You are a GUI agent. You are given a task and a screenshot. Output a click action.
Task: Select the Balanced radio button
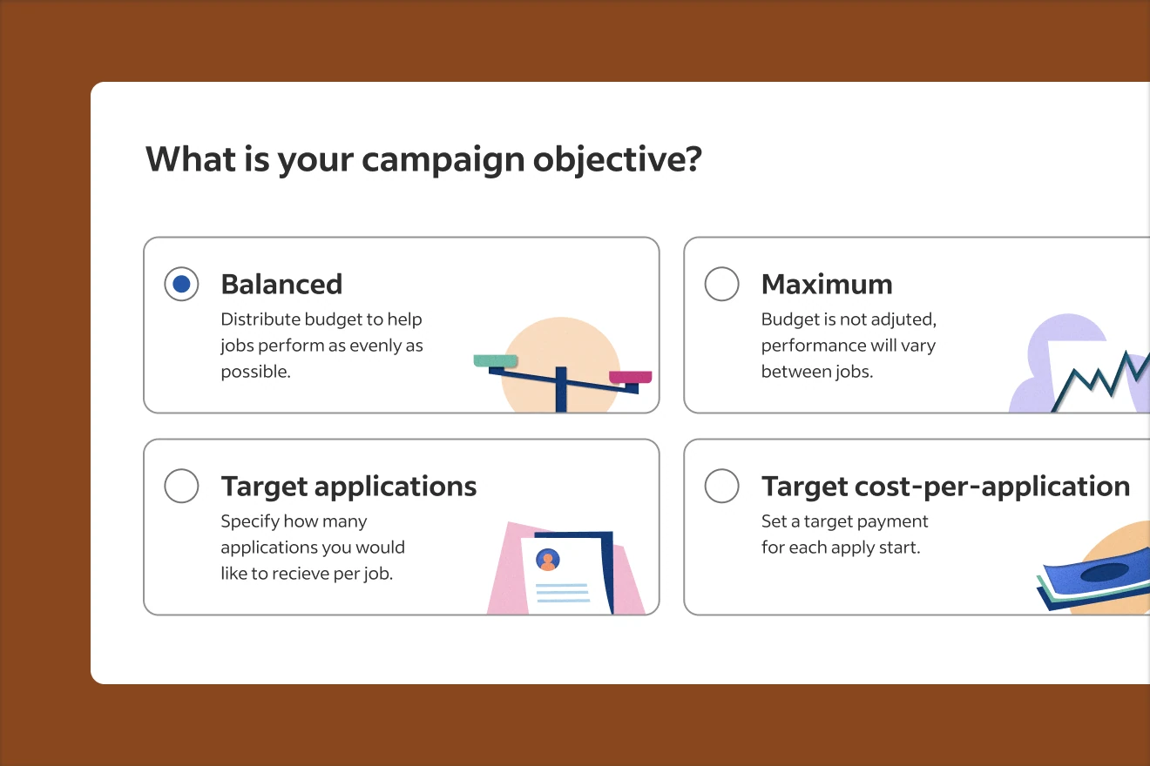[x=181, y=285]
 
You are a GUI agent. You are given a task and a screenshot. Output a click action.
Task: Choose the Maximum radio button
[x=721, y=285]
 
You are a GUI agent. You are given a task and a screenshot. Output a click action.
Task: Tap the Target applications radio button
[x=181, y=486]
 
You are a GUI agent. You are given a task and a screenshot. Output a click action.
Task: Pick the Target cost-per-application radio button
[x=721, y=486]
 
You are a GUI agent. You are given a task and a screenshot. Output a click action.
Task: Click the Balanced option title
[x=281, y=285]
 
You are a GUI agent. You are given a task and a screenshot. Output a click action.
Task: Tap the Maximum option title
[x=827, y=285]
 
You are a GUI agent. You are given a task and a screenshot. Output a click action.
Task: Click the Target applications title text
[x=348, y=486]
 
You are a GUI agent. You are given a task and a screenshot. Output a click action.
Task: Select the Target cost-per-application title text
[x=945, y=486]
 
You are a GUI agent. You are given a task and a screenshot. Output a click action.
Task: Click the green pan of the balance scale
[x=496, y=360]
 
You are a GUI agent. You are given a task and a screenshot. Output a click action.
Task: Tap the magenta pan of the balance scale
[x=630, y=377]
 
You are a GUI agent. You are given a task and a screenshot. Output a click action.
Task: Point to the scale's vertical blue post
[x=561, y=389]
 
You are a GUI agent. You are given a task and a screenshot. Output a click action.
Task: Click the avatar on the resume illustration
[x=548, y=560]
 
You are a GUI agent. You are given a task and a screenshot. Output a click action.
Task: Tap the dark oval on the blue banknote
[x=1104, y=572]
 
